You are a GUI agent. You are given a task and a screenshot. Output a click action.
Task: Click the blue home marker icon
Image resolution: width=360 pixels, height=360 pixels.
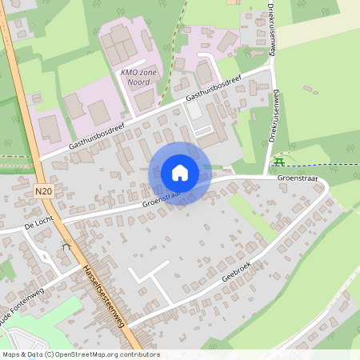179,173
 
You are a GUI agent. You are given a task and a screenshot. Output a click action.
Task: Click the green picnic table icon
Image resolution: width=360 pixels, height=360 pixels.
278,162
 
